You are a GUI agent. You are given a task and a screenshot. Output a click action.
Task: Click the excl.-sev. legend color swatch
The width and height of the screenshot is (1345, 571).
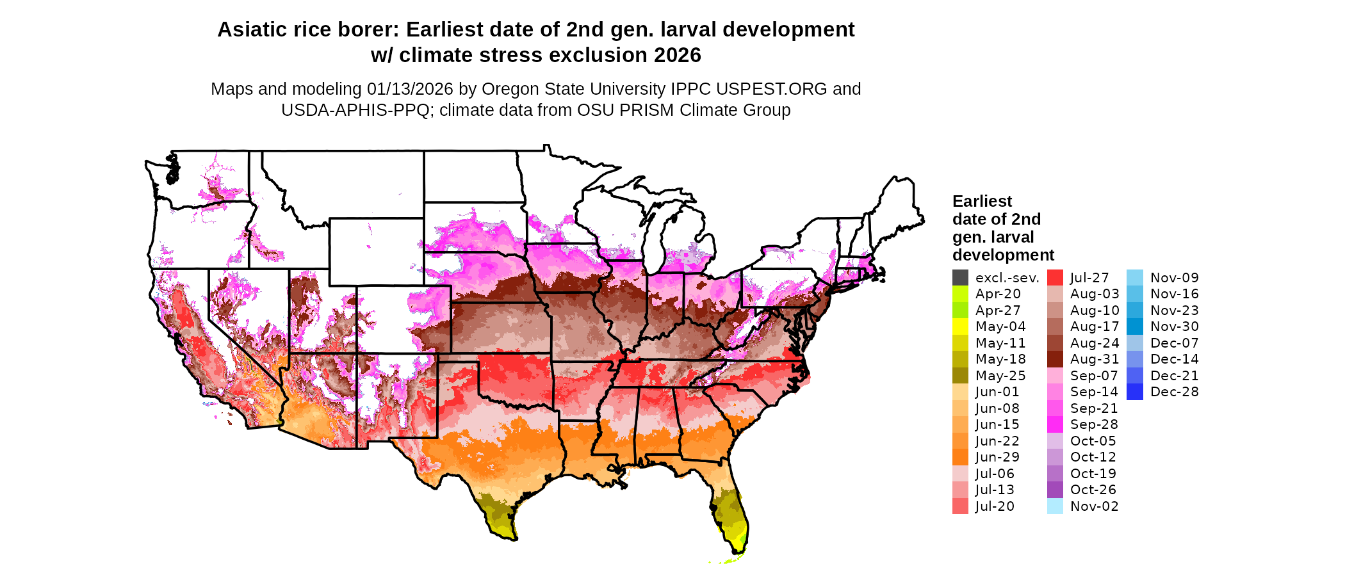pos(960,278)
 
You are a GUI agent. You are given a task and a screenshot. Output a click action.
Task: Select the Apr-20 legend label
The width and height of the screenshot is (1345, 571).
pos(998,294)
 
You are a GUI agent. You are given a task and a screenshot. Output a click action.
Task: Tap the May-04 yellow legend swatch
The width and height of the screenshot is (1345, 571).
pos(960,326)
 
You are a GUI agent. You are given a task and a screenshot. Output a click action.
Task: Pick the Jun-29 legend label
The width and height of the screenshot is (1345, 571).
pos(997,457)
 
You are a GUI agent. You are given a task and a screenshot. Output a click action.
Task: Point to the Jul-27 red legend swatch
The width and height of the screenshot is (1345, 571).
pos(1055,278)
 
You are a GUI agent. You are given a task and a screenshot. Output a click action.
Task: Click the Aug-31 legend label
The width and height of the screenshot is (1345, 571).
pos(1095,359)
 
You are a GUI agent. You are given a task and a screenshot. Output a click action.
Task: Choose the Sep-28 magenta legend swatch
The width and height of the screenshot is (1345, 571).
pos(1055,424)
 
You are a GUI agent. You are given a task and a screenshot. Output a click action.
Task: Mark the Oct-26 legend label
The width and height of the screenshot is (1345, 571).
pos(1093,490)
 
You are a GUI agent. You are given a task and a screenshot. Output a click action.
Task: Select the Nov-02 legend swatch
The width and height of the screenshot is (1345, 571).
pos(1055,506)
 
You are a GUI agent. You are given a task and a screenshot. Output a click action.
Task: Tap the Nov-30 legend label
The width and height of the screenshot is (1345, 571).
pos(1175,326)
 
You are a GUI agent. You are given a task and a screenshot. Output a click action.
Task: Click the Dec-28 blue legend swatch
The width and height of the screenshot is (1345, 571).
pos(1134,392)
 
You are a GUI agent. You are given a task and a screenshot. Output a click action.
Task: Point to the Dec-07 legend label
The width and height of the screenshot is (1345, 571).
pos(1175,343)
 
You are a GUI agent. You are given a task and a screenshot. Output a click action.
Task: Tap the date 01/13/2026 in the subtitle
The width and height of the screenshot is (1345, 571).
pos(410,89)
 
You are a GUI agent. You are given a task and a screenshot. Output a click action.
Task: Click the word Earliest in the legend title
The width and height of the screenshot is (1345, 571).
pos(982,202)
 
